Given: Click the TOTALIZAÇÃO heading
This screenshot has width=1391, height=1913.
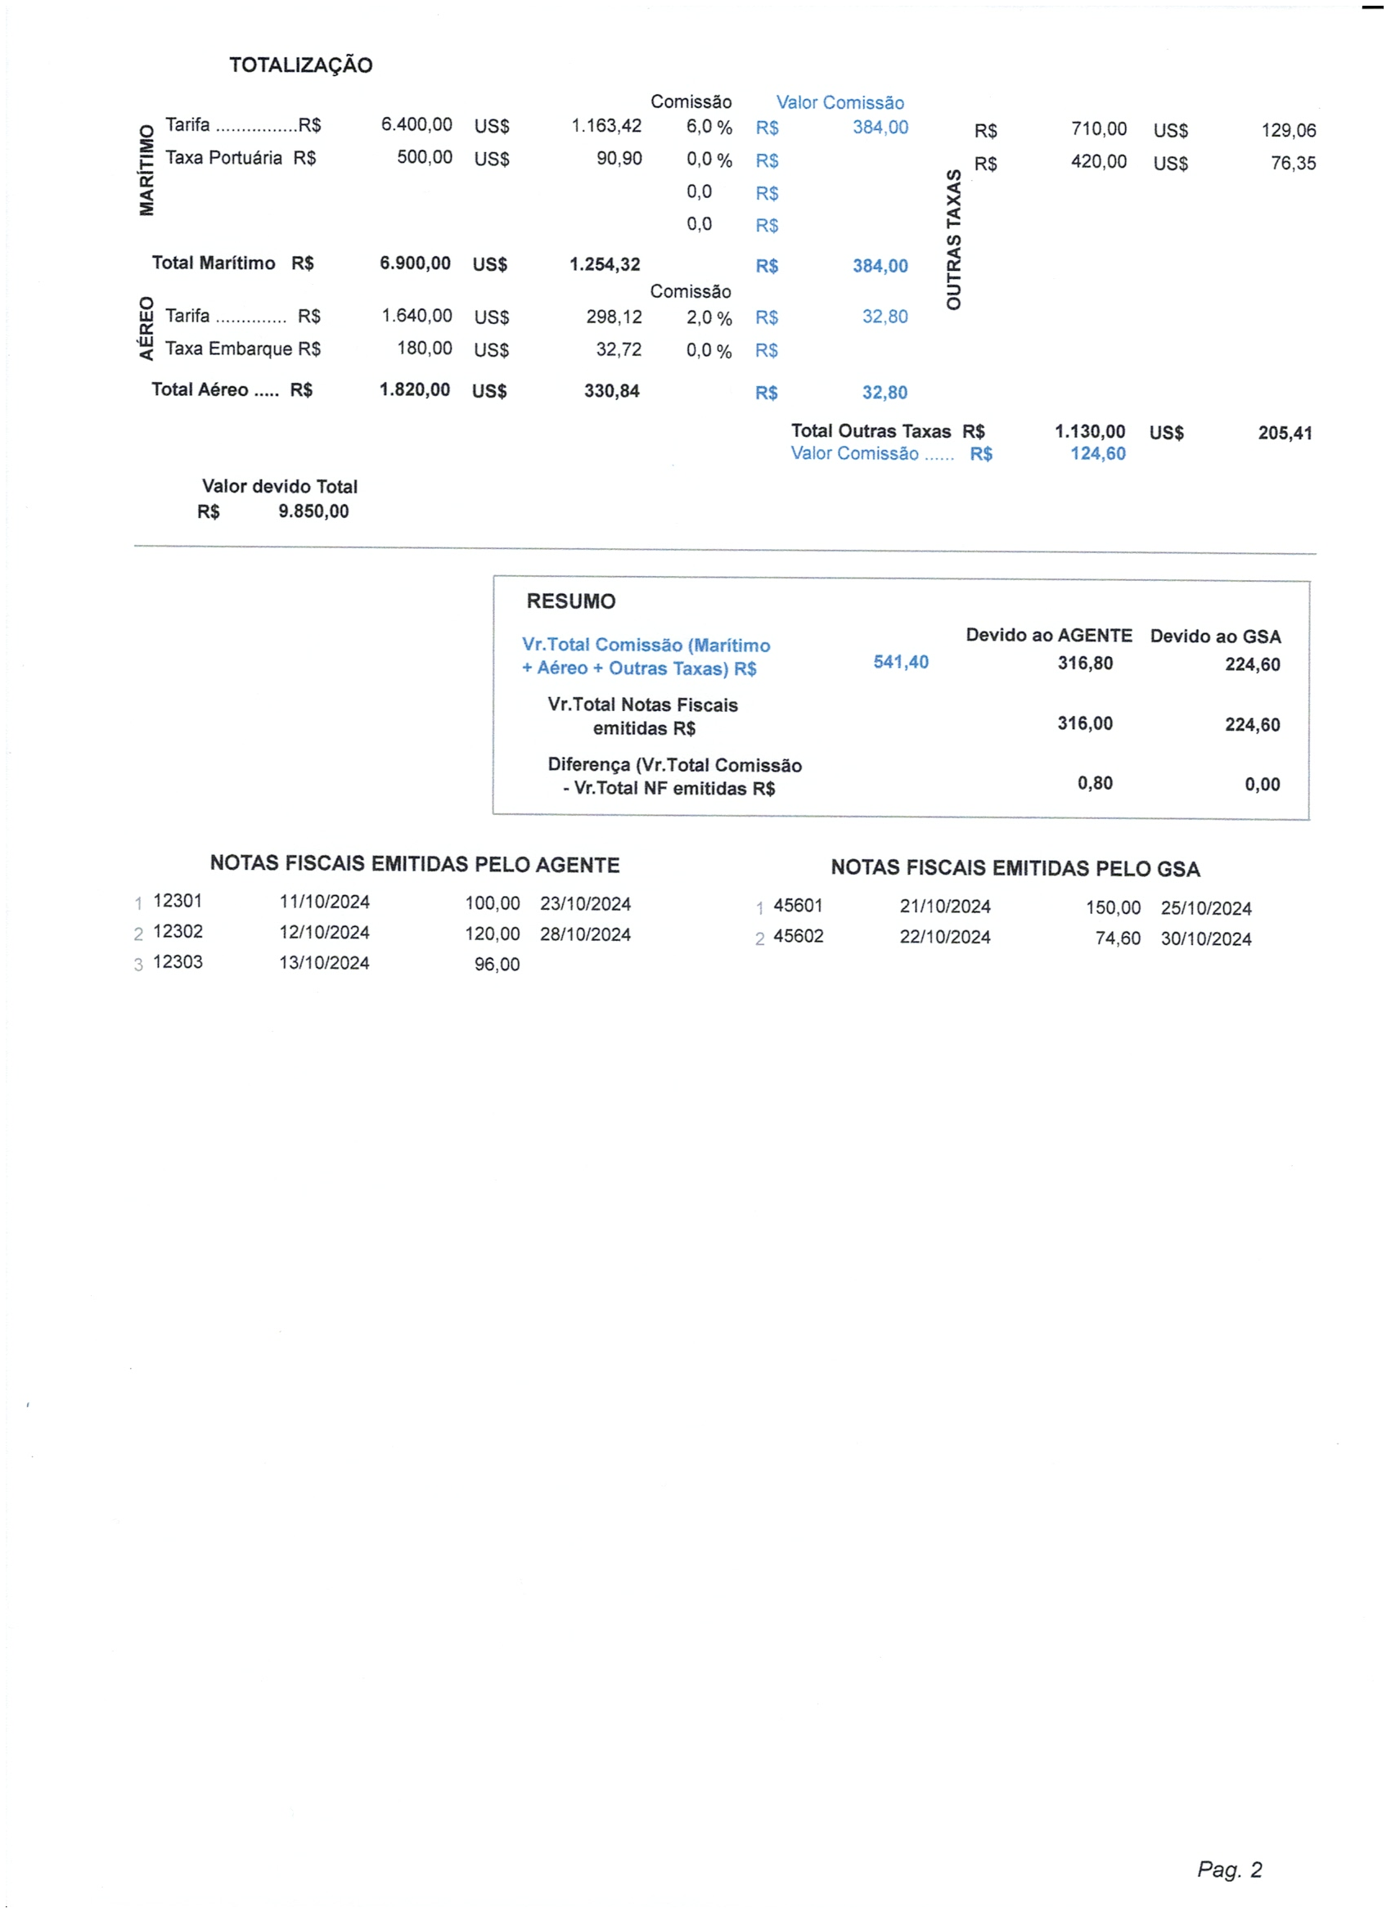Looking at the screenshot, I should point(300,65).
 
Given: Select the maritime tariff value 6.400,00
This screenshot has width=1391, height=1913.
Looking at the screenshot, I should point(416,125).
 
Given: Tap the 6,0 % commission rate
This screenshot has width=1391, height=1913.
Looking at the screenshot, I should point(709,127).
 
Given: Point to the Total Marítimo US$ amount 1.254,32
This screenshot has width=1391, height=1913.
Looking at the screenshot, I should point(604,264).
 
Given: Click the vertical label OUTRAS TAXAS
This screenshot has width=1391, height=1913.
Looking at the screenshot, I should point(953,240).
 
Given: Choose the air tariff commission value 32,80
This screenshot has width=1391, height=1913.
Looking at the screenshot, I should point(884,317).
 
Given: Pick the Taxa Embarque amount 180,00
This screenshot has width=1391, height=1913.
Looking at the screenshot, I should point(425,349).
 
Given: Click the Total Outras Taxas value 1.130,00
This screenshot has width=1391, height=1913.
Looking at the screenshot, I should point(1089,431).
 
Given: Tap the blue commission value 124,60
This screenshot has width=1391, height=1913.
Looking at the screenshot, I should point(1097,454).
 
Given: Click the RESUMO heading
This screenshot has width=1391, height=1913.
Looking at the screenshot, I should point(570,601).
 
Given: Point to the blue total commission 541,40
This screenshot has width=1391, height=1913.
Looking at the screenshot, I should point(900,662).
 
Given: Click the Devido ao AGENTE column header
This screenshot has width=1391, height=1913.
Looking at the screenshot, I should point(1048,635).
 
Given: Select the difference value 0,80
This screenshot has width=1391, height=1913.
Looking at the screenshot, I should point(1094,783).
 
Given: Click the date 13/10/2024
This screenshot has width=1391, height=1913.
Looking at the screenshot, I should point(324,962).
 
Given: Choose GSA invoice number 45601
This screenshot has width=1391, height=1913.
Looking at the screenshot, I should point(797,905).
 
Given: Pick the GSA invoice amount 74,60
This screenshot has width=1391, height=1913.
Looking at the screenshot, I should point(1117,938).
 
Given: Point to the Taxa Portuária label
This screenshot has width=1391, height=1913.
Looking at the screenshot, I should point(223,158).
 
